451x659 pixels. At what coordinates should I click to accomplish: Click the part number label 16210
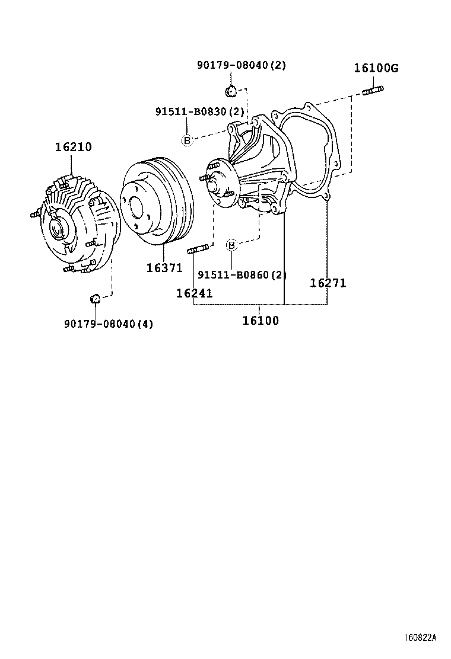74,147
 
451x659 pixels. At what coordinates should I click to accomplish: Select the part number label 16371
164,268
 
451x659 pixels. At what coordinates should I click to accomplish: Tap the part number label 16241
194,293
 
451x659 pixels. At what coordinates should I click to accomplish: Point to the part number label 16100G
376,68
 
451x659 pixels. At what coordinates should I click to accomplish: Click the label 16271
328,283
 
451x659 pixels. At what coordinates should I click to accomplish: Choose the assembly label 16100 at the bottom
260,321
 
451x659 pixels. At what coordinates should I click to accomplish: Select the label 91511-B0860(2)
242,275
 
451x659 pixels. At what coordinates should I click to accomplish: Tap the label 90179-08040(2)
242,65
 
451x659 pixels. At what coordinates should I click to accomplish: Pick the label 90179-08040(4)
109,324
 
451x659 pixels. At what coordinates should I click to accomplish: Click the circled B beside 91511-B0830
186,140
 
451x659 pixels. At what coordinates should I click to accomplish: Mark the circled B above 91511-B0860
232,245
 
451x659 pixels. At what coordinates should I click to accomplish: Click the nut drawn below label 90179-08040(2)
231,91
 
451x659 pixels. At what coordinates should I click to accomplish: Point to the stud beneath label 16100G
373,90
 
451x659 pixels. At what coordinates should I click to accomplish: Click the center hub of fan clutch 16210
58,227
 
